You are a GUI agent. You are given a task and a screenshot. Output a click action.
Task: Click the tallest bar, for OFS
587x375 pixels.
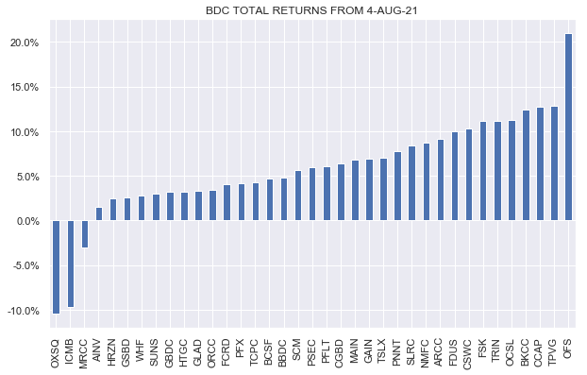568,128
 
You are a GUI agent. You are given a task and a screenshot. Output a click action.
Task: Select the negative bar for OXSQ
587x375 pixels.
57,267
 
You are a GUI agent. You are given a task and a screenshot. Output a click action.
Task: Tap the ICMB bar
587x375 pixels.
71,264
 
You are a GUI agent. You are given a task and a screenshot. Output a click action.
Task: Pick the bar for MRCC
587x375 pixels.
85,234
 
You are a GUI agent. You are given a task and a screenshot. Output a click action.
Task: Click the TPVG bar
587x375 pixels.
554,164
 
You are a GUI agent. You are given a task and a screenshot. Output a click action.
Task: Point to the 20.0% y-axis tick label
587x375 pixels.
24,43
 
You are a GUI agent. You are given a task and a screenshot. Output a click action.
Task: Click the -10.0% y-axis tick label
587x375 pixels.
22,311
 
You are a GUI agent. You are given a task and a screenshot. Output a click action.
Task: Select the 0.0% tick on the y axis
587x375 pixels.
25,222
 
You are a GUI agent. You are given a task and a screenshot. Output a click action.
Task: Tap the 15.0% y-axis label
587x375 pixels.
24,88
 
